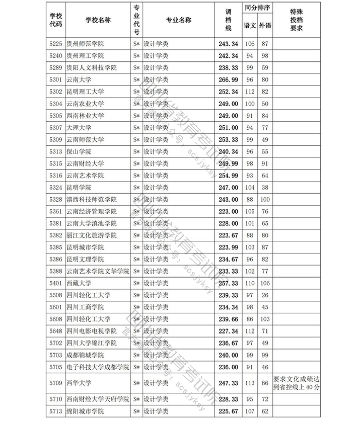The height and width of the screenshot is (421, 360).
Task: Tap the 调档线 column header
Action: tap(229, 20)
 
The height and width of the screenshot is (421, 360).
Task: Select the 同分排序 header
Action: tap(257, 9)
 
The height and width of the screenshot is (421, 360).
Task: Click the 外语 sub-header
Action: tap(265, 25)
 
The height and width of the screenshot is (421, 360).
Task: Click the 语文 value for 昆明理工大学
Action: tap(250, 92)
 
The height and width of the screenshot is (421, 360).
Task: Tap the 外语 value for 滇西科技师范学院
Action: tap(265, 200)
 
